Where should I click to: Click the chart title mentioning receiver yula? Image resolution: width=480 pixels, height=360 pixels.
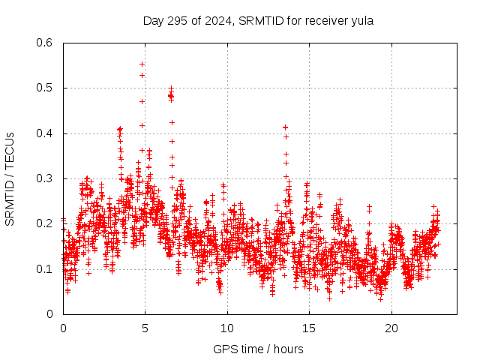pos(258,20)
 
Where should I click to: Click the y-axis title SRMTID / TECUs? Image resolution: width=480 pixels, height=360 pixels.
pos(10,178)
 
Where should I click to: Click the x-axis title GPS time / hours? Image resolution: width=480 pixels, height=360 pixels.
pos(258,349)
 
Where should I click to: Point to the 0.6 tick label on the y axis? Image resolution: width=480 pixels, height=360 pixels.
pos(46,43)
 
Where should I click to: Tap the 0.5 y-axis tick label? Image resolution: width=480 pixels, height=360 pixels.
pos(46,88)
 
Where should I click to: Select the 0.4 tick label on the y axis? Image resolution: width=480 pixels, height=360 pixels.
pos(46,133)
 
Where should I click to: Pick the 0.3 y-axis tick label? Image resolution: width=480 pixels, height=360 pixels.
pos(46,178)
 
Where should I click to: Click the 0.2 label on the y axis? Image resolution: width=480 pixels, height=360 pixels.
pos(46,223)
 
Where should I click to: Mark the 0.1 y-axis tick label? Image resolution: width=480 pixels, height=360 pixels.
pos(46,269)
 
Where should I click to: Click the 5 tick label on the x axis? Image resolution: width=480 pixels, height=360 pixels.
pos(145,328)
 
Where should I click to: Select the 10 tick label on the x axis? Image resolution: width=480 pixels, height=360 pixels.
pos(227,328)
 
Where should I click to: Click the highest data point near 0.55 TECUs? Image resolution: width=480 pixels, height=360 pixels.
pos(142,64)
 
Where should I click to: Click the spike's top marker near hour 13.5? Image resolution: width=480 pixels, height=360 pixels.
pos(285,127)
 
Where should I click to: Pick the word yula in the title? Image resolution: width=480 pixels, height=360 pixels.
pos(362,20)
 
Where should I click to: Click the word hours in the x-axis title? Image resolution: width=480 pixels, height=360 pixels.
pos(288,349)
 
